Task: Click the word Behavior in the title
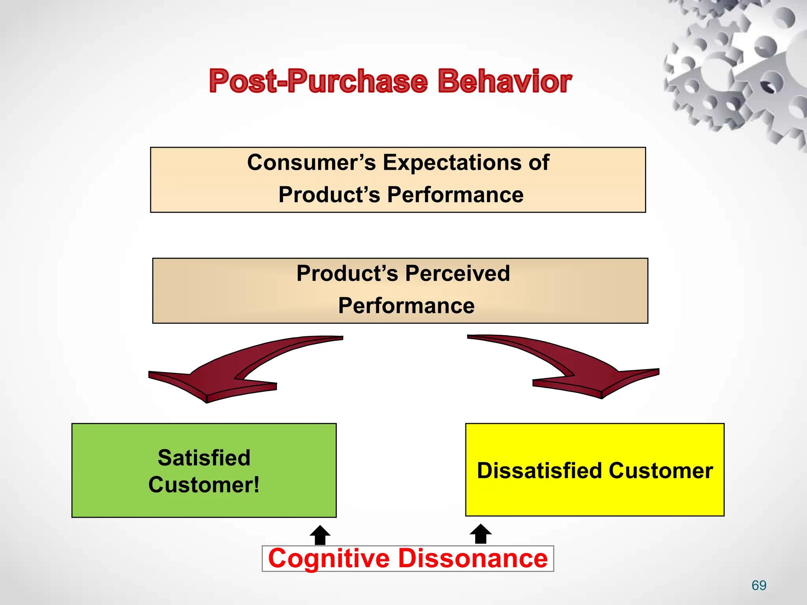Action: point(504,81)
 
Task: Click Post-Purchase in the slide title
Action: point(318,81)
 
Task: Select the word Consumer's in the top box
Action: point(311,162)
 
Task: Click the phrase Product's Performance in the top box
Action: point(401,195)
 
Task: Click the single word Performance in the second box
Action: point(406,306)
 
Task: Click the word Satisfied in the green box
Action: point(204,458)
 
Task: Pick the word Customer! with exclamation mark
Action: point(204,485)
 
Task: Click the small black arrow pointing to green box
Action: point(320,535)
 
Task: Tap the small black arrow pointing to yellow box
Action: point(481,534)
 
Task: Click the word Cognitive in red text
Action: point(329,559)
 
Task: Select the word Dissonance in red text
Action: point(473,559)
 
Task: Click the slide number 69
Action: point(759,585)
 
